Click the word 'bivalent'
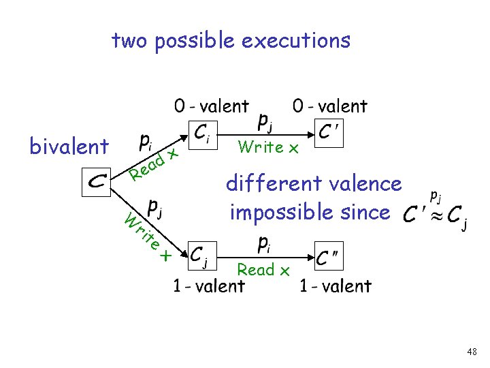click(x=69, y=145)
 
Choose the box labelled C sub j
click(x=199, y=257)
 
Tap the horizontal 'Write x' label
click(x=269, y=147)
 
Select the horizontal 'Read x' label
click(x=263, y=270)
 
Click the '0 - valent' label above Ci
click(x=212, y=106)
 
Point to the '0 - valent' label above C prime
click(x=329, y=106)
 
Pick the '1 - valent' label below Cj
click(x=208, y=286)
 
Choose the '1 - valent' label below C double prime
click(x=336, y=286)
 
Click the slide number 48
click(x=472, y=352)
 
